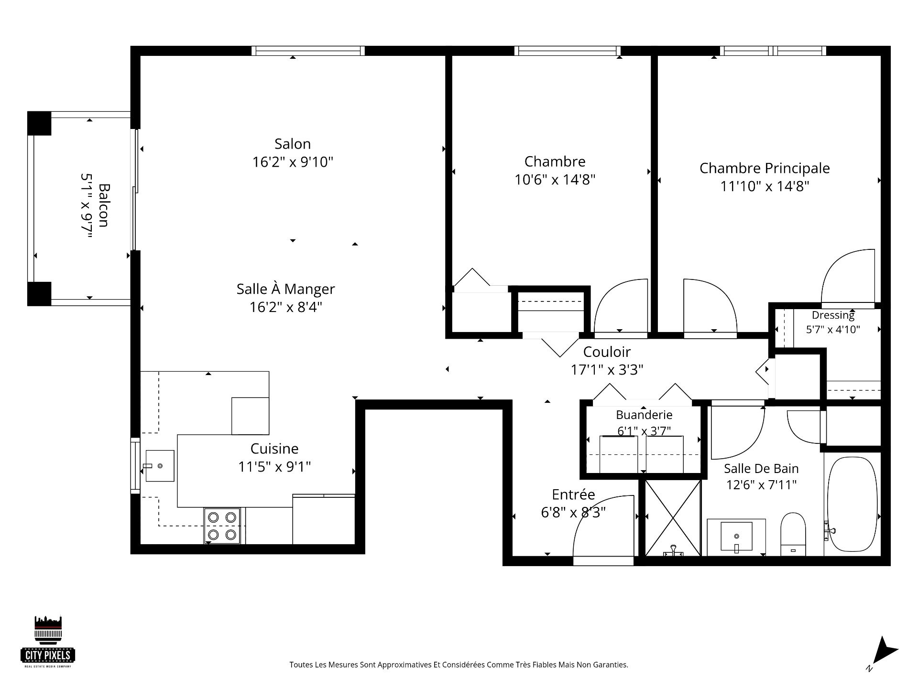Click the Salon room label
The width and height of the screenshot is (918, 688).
(x=293, y=144)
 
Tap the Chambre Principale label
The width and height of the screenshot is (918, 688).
(x=765, y=168)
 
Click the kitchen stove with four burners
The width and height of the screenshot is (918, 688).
(x=222, y=526)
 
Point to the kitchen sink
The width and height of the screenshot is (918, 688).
(x=160, y=465)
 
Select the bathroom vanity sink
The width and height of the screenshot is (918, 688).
(x=736, y=537)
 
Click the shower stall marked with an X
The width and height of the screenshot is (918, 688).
(x=673, y=518)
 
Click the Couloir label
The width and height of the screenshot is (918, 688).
(x=607, y=352)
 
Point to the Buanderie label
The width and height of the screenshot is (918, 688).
(x=644, y=415)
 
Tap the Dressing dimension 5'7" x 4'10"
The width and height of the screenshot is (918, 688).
(x=833, y=329)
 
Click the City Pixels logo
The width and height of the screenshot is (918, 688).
(x=48, y=641)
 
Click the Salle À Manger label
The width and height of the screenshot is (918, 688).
(x=285, y=289)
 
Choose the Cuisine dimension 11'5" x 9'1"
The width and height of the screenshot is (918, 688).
(x=274, y=466)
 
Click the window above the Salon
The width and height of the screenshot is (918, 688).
(x=308, y=51)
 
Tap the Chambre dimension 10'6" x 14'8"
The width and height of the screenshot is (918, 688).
(x=555, y=180)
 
